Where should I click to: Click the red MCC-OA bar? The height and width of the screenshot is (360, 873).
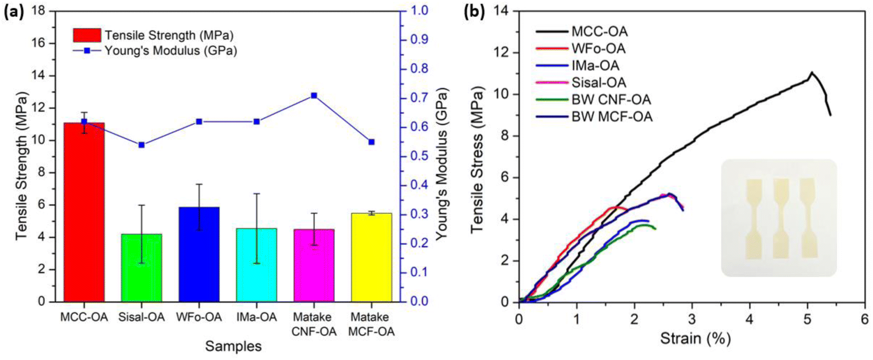(x=84, y=212)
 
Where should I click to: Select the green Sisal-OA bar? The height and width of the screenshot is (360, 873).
(x=141, y=268)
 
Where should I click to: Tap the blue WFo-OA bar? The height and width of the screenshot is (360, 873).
(x=199, y=254)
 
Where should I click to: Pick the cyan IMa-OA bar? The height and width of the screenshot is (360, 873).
(x=256, y=265)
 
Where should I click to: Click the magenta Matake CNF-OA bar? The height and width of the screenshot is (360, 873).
(x=314, y=265)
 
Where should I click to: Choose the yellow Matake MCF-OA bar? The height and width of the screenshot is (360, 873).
(x=371, y=257)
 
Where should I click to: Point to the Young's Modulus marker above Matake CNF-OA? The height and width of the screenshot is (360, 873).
(x=314, y=96)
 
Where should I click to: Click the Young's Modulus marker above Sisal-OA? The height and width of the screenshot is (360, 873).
(x=141, y=145)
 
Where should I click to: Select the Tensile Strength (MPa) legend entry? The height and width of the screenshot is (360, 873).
(x=153, y=35)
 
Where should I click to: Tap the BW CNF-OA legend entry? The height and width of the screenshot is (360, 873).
(x=593, y=100)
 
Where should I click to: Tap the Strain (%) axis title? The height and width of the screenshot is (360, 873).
(x=695, y=339)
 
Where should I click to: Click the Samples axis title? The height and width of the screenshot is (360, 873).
(x=233, y=346)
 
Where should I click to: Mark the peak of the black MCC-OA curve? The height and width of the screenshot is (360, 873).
(x=811, y=72)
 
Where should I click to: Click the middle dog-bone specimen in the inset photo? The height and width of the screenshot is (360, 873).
(x=781, y=219)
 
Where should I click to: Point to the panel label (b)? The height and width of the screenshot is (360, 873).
(x=474, y=12)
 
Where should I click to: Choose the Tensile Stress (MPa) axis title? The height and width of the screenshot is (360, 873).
(x=477, y=160)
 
